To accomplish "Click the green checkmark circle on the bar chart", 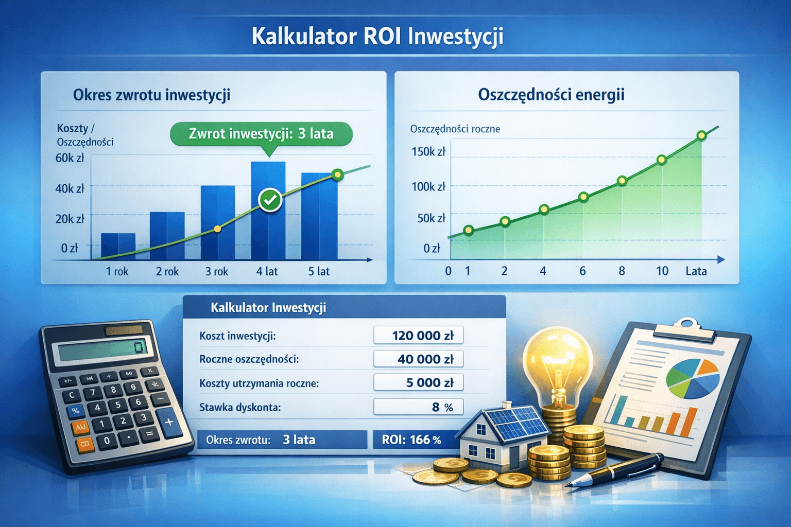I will click(x=270, y=200).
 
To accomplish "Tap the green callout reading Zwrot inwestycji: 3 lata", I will click(x=261, y=134).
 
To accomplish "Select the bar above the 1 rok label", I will click(x=118, y=246).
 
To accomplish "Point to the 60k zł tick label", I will click(x=70, y=158).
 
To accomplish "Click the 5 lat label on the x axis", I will click(x=319, y=271).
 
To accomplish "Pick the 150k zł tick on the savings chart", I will click(x=428, y=151).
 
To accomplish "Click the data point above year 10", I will click(x=662, y=160).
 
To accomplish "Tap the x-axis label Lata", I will click(x=696, y=271).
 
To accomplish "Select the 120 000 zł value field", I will click(x=418, y=336).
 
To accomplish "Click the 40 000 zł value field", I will click(x=418, y=359).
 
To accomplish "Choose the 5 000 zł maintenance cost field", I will click(x=418, y=382).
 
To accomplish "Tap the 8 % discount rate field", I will click(x=418, y=407).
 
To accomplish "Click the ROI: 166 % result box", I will click(x=412, y=440).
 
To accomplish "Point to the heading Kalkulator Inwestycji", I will click(x=268, y=308).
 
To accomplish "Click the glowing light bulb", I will click(x=555, y=360).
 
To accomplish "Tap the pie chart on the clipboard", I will click(x=692, y=379).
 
